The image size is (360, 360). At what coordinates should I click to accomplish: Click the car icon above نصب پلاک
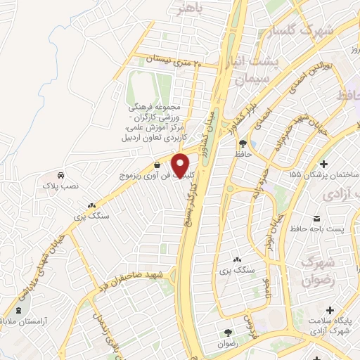click(x=60, y=175)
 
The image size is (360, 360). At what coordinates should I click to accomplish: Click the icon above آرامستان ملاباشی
click(x=18, y=310)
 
